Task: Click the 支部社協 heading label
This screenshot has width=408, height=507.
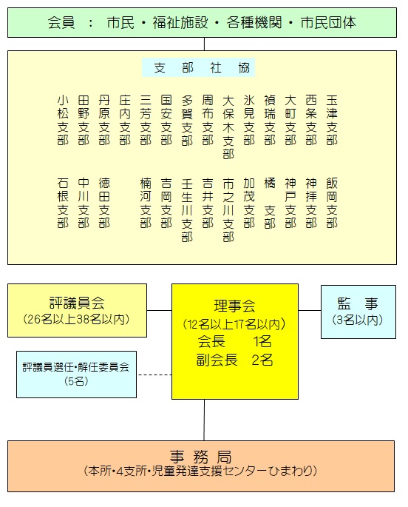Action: pos(198,67)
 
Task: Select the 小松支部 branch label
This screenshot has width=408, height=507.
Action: pos(63,120)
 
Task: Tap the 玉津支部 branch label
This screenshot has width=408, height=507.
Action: pos(332,120)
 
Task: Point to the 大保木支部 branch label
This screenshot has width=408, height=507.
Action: pos(228,127)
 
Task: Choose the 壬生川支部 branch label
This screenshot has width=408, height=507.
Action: pos(187,210)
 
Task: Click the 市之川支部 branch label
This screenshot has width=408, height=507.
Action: pos(228,210)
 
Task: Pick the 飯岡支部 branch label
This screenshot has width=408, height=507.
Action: pos(332,203)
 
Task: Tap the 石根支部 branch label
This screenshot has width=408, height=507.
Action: pos(63,203)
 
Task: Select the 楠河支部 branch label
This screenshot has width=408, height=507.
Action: pos(146,203)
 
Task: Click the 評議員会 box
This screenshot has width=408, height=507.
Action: pos(77,310)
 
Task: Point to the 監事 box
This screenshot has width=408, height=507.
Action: pos(358,312)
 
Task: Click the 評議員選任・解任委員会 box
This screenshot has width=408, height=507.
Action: pos(77,375)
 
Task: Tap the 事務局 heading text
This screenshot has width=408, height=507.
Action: pos(201,457)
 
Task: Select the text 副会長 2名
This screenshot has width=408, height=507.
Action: pos(234,360)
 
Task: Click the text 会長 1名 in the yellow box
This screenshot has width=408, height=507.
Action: pos(234,341)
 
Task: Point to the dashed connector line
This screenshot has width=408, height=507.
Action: pos(154,375)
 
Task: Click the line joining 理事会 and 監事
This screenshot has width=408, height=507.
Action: pos(310,310)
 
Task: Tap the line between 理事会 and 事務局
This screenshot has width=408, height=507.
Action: pos(204,420)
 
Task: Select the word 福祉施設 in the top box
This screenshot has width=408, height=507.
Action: pos(180,23)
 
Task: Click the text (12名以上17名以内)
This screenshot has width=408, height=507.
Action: pos(234,323)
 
